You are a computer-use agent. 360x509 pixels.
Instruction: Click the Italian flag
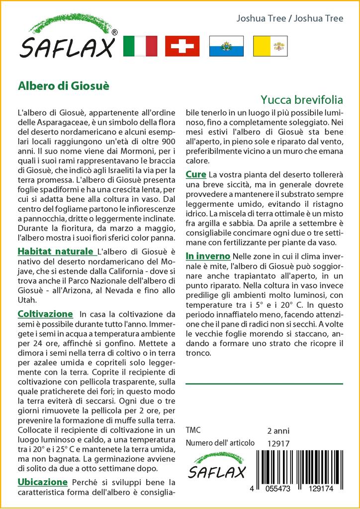[x=140, y=46]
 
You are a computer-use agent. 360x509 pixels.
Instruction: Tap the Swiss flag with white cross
[x=182, y=46]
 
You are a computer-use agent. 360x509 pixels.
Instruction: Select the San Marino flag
[x=226, y=46]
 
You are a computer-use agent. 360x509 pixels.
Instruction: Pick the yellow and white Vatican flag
[x=270, y=46]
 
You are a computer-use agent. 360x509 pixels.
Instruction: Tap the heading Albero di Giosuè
[x=64, y=85]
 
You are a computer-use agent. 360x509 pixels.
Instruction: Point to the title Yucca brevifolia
[x=301, y=99]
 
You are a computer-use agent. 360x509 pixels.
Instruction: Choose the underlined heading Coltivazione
[x=45, y=314]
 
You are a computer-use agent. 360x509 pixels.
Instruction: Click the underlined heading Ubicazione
[x=43, y=482]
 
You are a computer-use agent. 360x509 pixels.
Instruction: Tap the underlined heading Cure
[x=196, y=174]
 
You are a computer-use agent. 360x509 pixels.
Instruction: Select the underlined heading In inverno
[x=208, y=256]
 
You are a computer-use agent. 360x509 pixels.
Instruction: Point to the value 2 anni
[x=278, y=430]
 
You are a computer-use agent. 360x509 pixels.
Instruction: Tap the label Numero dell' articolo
[x=220, y=443]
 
